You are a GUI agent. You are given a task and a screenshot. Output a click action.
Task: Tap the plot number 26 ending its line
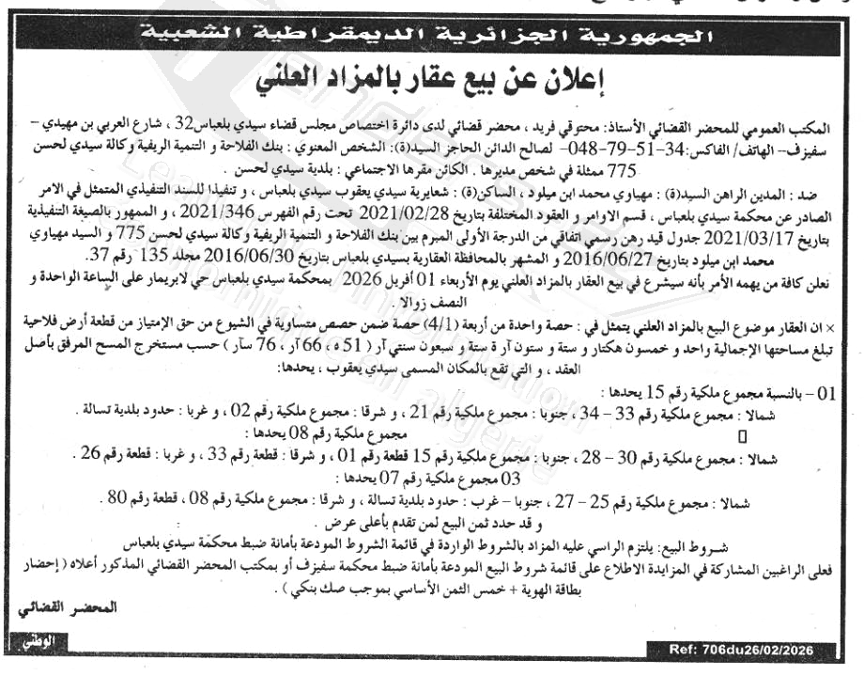pos(93,454)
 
